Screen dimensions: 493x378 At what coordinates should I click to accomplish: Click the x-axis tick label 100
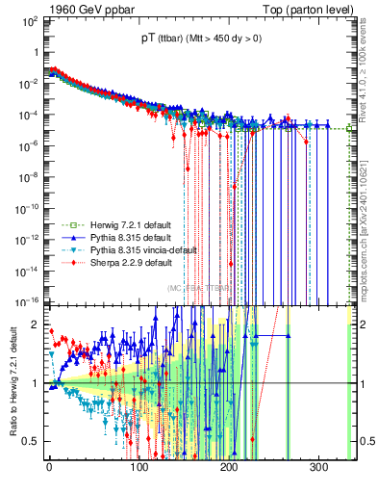[x=139, y=471]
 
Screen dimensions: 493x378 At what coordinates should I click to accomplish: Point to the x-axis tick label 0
[x=49, y=471]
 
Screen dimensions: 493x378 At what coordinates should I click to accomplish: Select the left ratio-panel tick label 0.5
[x=29, y=441]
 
